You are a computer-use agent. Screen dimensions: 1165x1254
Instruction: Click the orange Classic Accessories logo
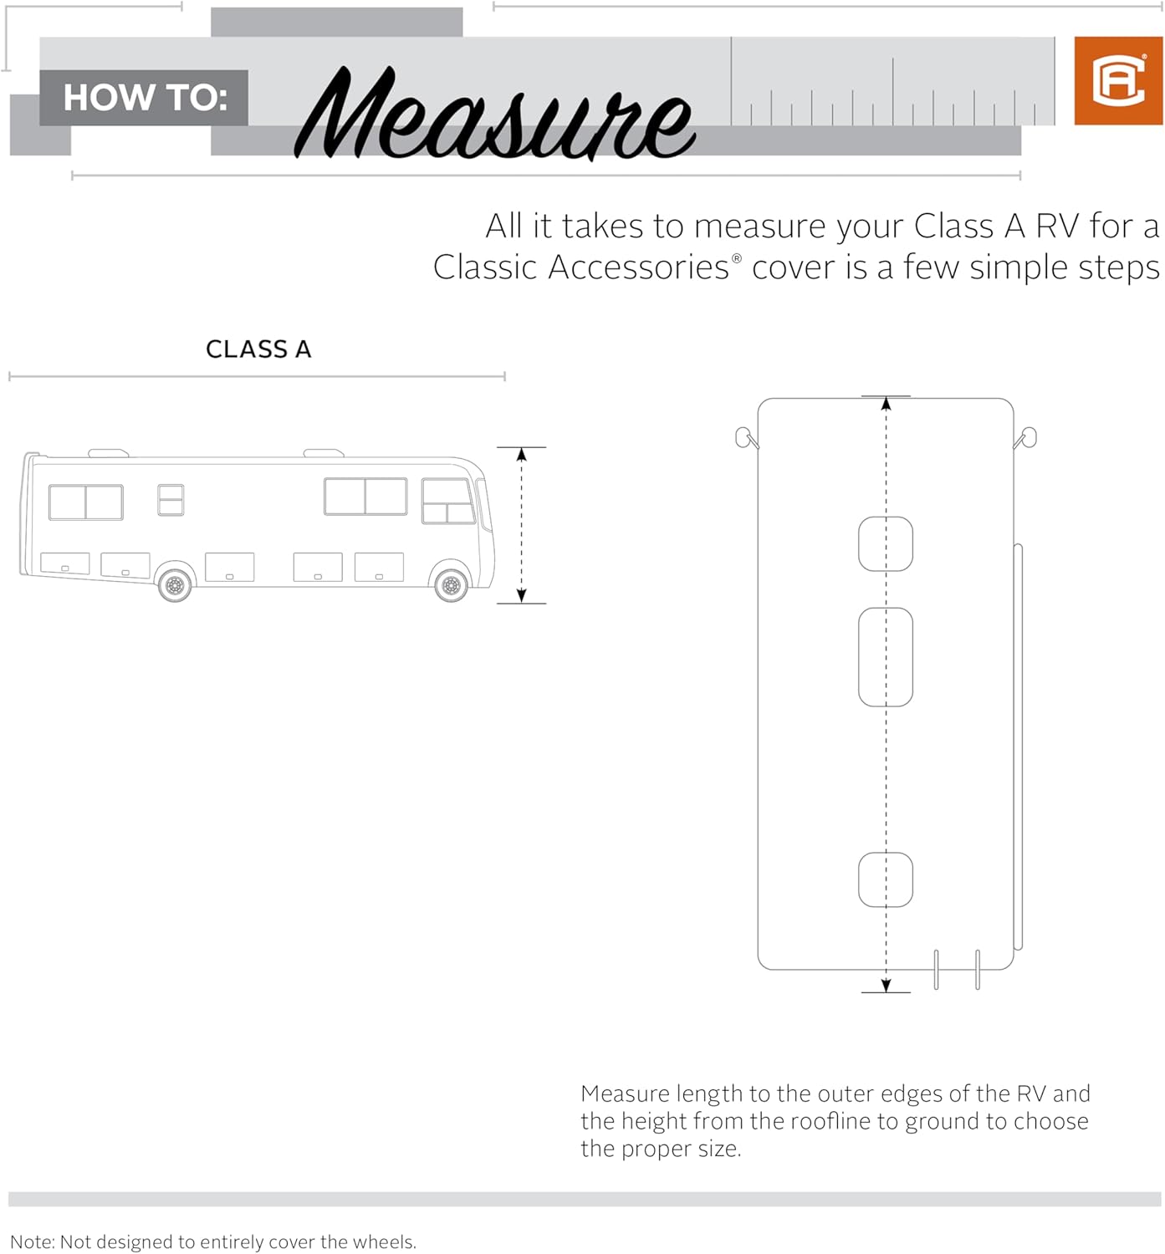coord(1118,81)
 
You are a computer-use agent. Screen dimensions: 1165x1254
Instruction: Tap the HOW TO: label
coord(145,98)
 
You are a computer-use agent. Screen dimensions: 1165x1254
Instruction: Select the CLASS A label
coord(258,349)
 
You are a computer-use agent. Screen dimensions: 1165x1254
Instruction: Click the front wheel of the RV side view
coord(451,585)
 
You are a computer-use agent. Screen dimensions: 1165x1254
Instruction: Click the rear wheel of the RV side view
coord(175,585)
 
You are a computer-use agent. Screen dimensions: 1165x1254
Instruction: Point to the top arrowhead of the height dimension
coord(521,455)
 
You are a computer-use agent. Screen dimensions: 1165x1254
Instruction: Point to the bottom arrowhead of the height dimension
coord(521,595)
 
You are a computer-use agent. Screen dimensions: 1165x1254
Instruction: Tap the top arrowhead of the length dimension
coord(886,404)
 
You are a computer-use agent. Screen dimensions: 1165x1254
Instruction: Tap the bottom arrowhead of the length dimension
coord(886,985)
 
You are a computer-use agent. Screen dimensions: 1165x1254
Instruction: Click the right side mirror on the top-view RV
coord(1028,437)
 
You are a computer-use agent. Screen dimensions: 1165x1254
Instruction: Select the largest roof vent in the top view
coord(886,657)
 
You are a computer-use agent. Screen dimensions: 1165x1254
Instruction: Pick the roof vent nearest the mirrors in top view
coord(886,544)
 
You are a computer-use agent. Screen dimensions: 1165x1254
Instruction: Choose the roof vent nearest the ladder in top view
coord(886,879)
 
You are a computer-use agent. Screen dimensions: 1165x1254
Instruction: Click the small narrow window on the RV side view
coord(171,500)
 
